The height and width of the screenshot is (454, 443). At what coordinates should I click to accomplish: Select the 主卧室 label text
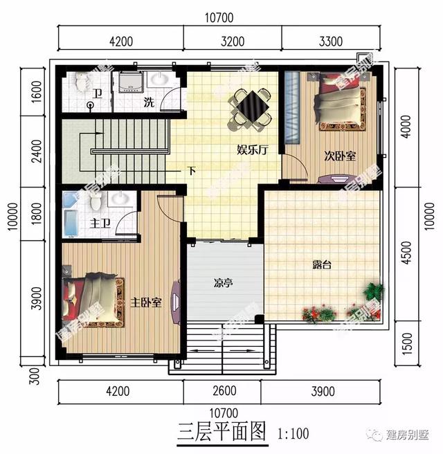146,302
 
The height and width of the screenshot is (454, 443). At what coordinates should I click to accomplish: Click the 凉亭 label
224,283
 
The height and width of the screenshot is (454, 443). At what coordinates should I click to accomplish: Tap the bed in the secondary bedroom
340,103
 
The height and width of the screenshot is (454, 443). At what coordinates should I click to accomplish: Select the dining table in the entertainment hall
249,108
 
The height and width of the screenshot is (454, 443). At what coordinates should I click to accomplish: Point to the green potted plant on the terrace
374,291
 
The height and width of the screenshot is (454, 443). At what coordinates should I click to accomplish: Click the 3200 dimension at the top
233,41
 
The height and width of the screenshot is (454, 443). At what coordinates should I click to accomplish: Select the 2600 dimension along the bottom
221,392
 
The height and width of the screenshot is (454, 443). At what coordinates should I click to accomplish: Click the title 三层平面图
221,433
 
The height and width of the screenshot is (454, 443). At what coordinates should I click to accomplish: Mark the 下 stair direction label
192,170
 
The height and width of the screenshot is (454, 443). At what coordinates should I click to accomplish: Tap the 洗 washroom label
149,103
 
